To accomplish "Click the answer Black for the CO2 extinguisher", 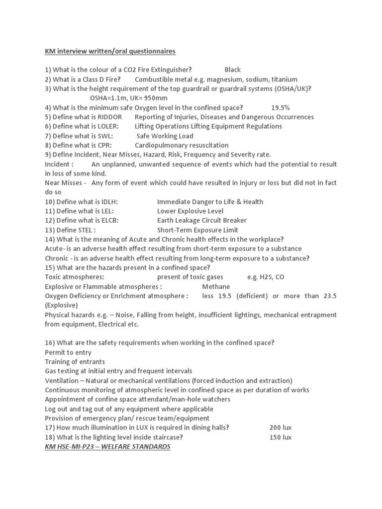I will click(232, 70).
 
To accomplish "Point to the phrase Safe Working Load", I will click(165, 136).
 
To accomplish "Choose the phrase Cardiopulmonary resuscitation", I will click(182, 145).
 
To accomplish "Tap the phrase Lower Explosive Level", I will click(190, 211).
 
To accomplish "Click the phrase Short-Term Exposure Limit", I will click(197, 230).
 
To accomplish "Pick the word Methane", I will click(216, 287).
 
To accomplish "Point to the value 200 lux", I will click(281, 427).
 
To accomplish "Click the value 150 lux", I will click(281, 437).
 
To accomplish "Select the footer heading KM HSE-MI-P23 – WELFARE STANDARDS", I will click(107, 447).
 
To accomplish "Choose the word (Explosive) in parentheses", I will click(61, 305).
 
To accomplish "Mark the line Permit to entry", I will click(68, 352).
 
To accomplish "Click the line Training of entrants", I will click(75, 362).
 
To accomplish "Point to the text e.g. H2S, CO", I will click(265, 277).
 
